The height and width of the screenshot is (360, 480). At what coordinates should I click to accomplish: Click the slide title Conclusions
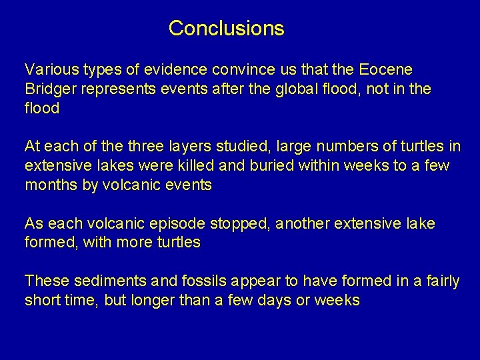tap(226, 29)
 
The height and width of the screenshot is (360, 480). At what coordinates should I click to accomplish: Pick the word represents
tap(117, 89)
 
